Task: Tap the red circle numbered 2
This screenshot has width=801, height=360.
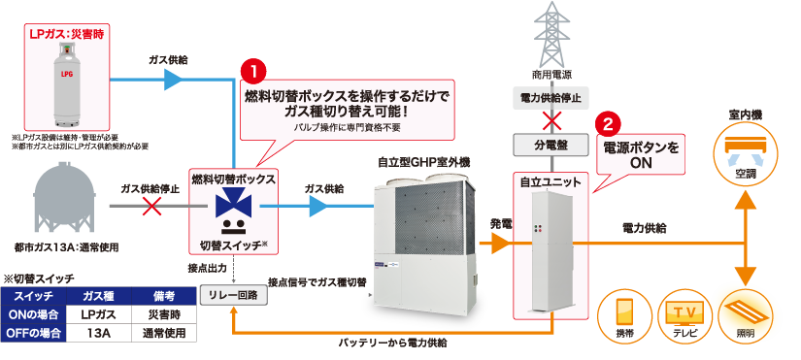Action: click(608, 125)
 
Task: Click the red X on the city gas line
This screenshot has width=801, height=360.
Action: click(151, 206)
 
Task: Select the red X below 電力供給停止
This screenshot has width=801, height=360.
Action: click(551, 121)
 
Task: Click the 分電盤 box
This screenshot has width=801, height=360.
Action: click(551, 145)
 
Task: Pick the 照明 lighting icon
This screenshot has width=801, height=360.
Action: click(745, 313)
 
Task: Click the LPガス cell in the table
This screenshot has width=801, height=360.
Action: click(101, 314)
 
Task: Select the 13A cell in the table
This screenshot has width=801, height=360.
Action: click(101, 333)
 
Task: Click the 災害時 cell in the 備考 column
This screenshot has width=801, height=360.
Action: click(162, 314)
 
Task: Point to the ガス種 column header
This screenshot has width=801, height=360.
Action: click(101, 296)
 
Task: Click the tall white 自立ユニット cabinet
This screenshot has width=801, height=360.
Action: click(551, 252)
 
